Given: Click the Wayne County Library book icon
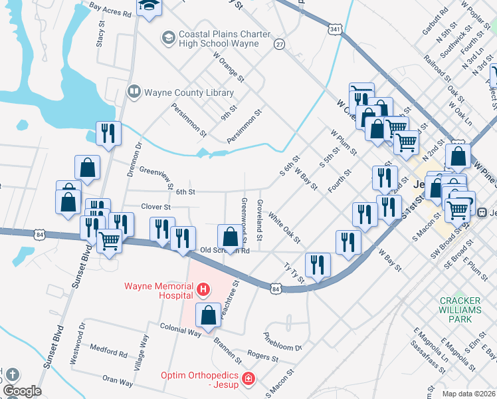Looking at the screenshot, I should coord(134,91).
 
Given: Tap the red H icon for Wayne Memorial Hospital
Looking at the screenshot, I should coord(203,289).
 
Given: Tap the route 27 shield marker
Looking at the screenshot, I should coord(280,44).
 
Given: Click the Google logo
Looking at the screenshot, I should coord(22,391).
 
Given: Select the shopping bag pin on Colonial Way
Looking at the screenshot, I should coord(209,316).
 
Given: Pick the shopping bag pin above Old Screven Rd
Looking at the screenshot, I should coord(230,237).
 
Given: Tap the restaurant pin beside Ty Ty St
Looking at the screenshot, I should coord(318,265).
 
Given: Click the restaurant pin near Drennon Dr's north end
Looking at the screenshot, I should coord(107,133).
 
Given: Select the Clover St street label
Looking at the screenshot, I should coord(155,207).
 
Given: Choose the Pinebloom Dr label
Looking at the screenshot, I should coord(283,342).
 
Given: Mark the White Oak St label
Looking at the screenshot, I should coord(285,227).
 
